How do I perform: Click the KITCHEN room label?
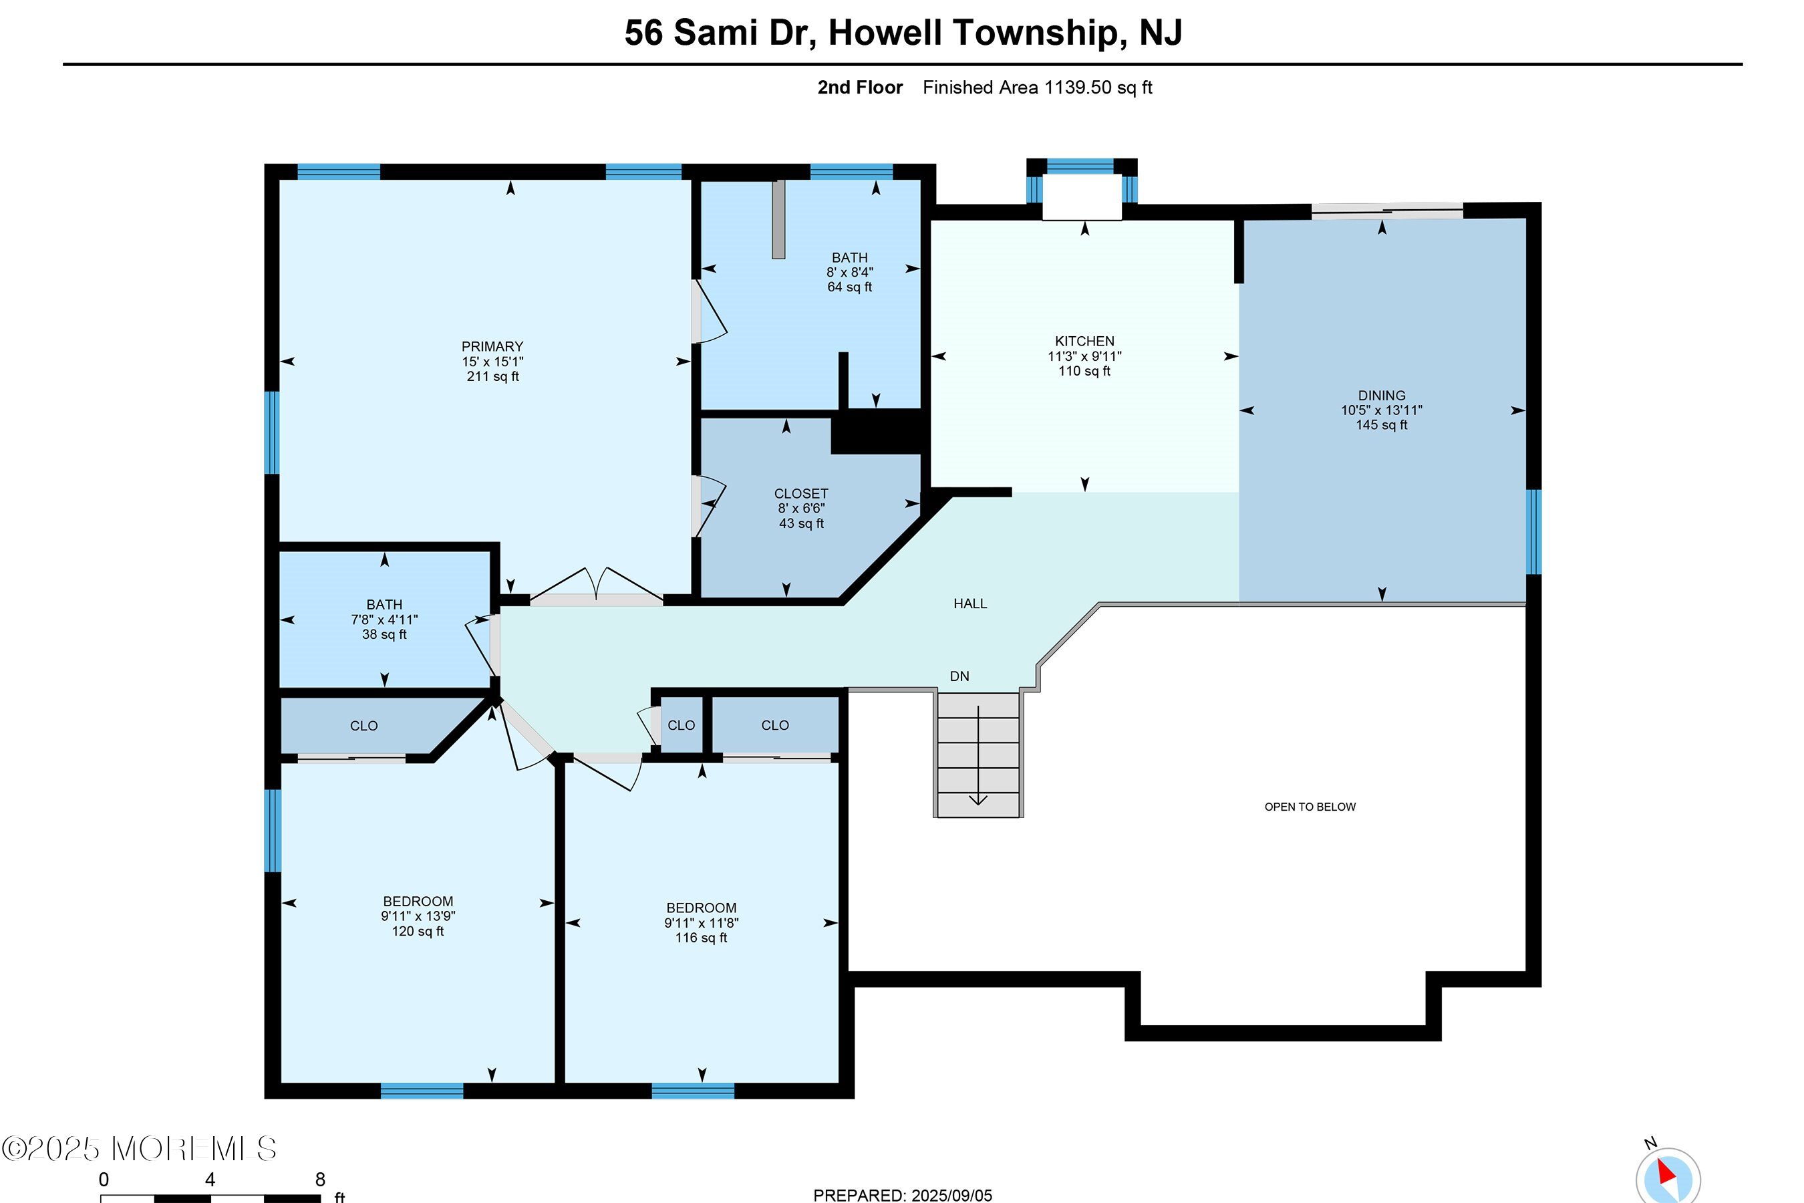click(1084, 342)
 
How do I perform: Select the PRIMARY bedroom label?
click(492, 347)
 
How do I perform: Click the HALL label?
click(970, 604)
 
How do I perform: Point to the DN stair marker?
click(959, 676)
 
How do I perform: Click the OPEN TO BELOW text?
click(1310, 807)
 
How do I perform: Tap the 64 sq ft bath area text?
click(850, 287)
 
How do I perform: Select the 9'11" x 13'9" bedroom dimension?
click(418, 916)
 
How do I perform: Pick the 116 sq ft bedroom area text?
click(701, 938)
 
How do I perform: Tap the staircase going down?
click(979, 754)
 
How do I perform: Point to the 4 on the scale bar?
click(210, 1179)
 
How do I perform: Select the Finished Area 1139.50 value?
click(1078, 88)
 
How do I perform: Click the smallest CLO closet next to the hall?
click(681, 725)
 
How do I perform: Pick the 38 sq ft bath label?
click(384, 634)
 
